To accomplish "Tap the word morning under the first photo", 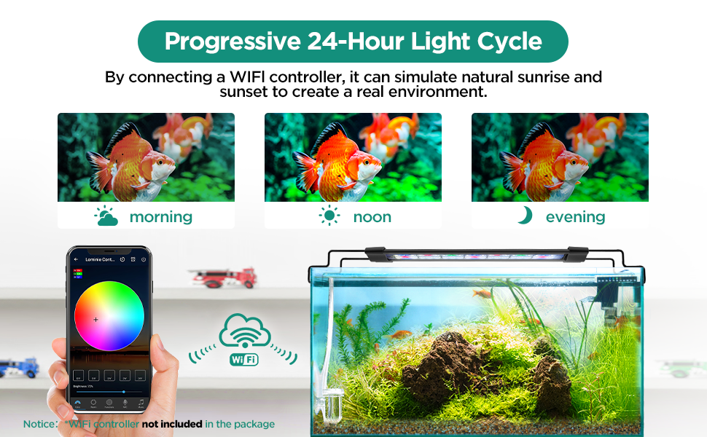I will pyautogui.click(x=160, y=217).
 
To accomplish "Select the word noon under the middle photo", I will pyautogui.click(x=372, y=217).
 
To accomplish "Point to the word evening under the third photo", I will pyautogui.click(x=575, y=217).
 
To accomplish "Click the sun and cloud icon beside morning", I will pyautogui.click(x=106, y=216).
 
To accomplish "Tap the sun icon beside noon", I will pyautogui.click(x=329, y=216).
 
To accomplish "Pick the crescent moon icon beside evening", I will pyautogui.click(x=525, y=216).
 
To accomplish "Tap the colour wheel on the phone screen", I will pyautogui.click(x=109, y=315).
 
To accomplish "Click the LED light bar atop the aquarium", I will pyautogui.click(x=477, y=256).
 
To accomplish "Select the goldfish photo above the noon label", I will pyautogui.click(x=353, y=157).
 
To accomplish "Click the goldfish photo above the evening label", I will pyautogui.click(x=560, y=157).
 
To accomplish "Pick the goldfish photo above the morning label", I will pyautogui.click(x=146, y=157).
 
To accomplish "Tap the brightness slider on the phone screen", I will pyautogui.click(x=109, y=392).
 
